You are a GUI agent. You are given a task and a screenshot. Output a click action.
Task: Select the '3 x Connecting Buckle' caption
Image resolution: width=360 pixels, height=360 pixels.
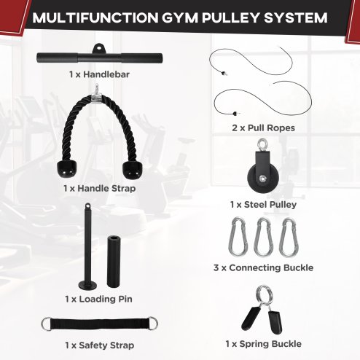coord(263,268)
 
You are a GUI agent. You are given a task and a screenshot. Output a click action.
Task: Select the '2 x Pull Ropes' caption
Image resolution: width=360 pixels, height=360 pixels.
coord(263,128)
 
